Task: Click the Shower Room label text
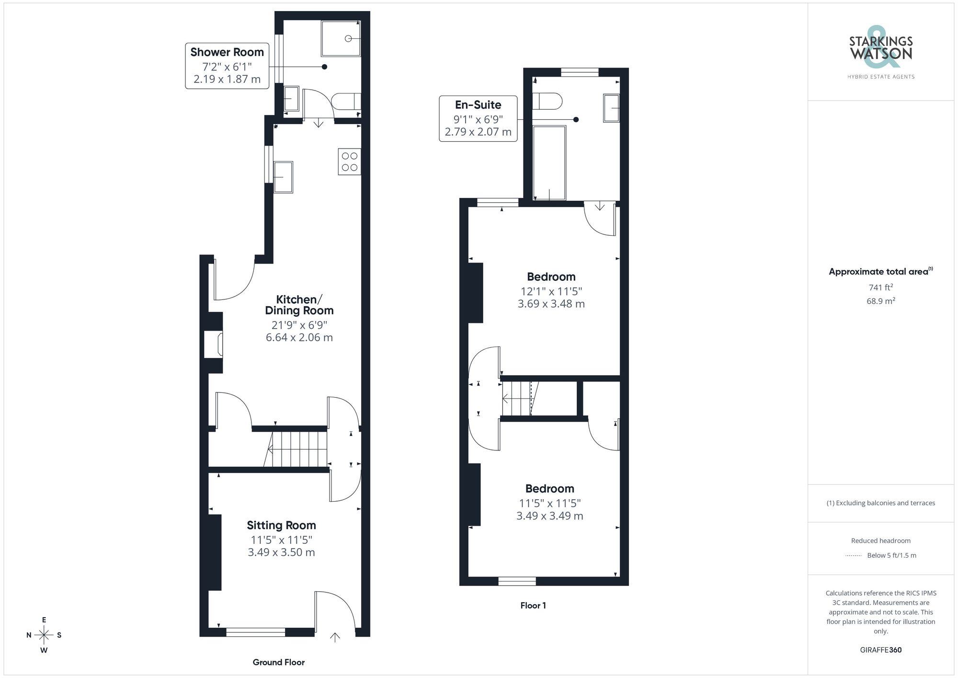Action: point(227,52)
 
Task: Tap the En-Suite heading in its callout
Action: point(478,105)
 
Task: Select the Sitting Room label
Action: point(281,525)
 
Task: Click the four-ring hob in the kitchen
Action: point(349,162)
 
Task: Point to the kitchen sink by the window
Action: point(283,177)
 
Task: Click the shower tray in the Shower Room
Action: point(341,39)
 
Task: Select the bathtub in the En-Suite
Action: point(549,163)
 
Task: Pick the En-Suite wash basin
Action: point(611,108)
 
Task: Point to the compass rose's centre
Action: point(44,635)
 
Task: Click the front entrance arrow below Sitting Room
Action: point(335,637)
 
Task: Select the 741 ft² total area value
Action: point(880,287)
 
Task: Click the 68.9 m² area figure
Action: point(880,301)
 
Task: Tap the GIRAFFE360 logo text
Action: point(880,650)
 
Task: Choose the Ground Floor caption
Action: point(279,662)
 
